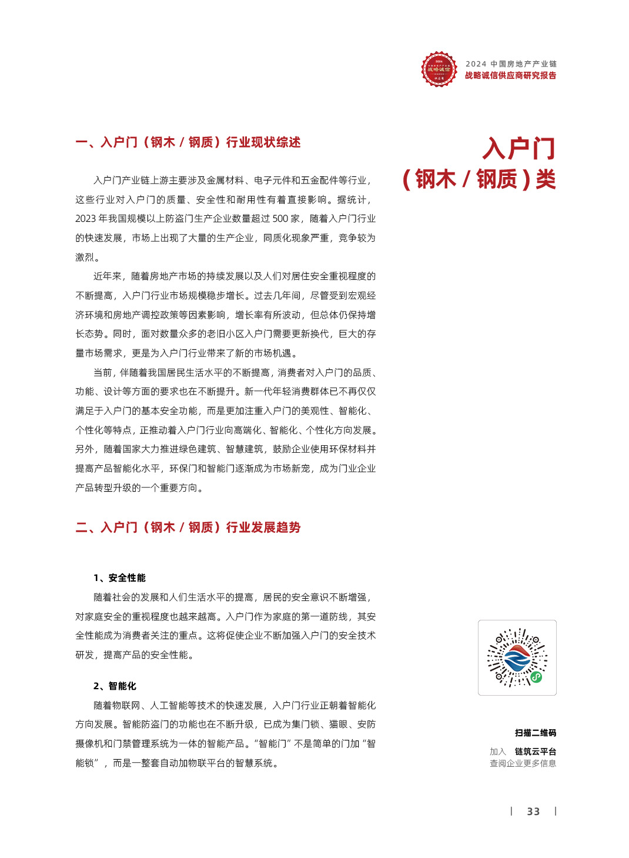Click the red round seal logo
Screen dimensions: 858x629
point(439,69)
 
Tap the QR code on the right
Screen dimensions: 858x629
point(517,657)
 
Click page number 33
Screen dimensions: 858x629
point(533,812)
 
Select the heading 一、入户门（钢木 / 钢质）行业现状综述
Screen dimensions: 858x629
point(188,142)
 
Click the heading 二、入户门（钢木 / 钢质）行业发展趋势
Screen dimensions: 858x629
point(188,528)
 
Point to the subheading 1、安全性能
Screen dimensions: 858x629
point(119,578)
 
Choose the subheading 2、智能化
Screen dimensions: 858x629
point(115,686)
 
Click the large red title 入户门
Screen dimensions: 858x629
point(518,148)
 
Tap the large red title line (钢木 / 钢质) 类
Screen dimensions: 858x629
point(479,179)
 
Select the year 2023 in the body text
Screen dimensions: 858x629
point(85,219)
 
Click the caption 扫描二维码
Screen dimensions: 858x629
point(535,733)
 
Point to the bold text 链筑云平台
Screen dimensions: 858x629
point(535,752)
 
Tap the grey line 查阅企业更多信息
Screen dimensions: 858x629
point(523,763)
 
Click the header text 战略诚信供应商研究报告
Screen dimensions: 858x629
point(510,75)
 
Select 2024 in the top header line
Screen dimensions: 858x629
point(476,64)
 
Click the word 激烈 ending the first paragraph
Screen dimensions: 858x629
point(85,258)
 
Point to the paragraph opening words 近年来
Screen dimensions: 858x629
point(108,276)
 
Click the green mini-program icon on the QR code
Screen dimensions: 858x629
point(536,677)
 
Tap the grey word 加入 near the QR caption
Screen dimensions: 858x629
point(497,752)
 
